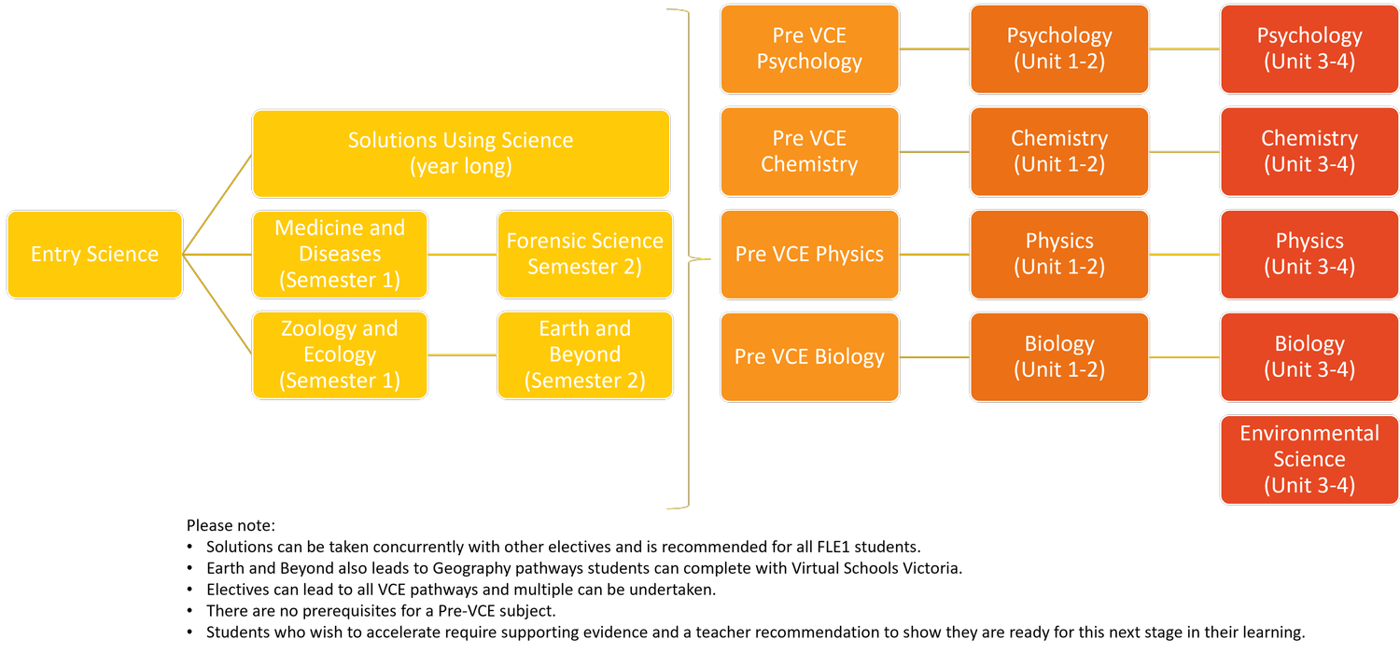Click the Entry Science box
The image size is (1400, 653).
click(94, 255)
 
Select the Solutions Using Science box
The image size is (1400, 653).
click(461, 154)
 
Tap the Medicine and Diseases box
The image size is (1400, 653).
click(340, 255)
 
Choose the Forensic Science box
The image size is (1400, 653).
click(584, 255)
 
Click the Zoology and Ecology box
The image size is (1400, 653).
click(340, 355)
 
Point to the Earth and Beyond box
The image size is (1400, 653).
click(584, 355)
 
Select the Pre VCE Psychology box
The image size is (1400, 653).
click(809, 49)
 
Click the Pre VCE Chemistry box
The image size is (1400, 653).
click(809, 151)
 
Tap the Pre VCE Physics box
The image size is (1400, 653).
click(809, 255)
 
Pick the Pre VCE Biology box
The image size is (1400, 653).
click(809, 357)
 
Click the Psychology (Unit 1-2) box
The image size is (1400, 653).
click(1059, 49)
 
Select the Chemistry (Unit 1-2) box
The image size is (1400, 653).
click(1059, 151)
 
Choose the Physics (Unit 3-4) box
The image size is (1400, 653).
click(1309, 255)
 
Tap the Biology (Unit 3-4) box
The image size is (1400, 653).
click(1309, 357)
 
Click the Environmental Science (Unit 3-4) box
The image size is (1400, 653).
click(1309, 460)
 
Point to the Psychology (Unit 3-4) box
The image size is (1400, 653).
click(1309, 49)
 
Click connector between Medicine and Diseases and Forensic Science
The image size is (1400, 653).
click(462, 254)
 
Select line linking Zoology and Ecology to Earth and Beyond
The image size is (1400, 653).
click(462, 354)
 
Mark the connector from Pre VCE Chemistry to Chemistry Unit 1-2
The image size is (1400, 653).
click(934, 151)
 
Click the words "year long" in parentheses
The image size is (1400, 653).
click(461, 167)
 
